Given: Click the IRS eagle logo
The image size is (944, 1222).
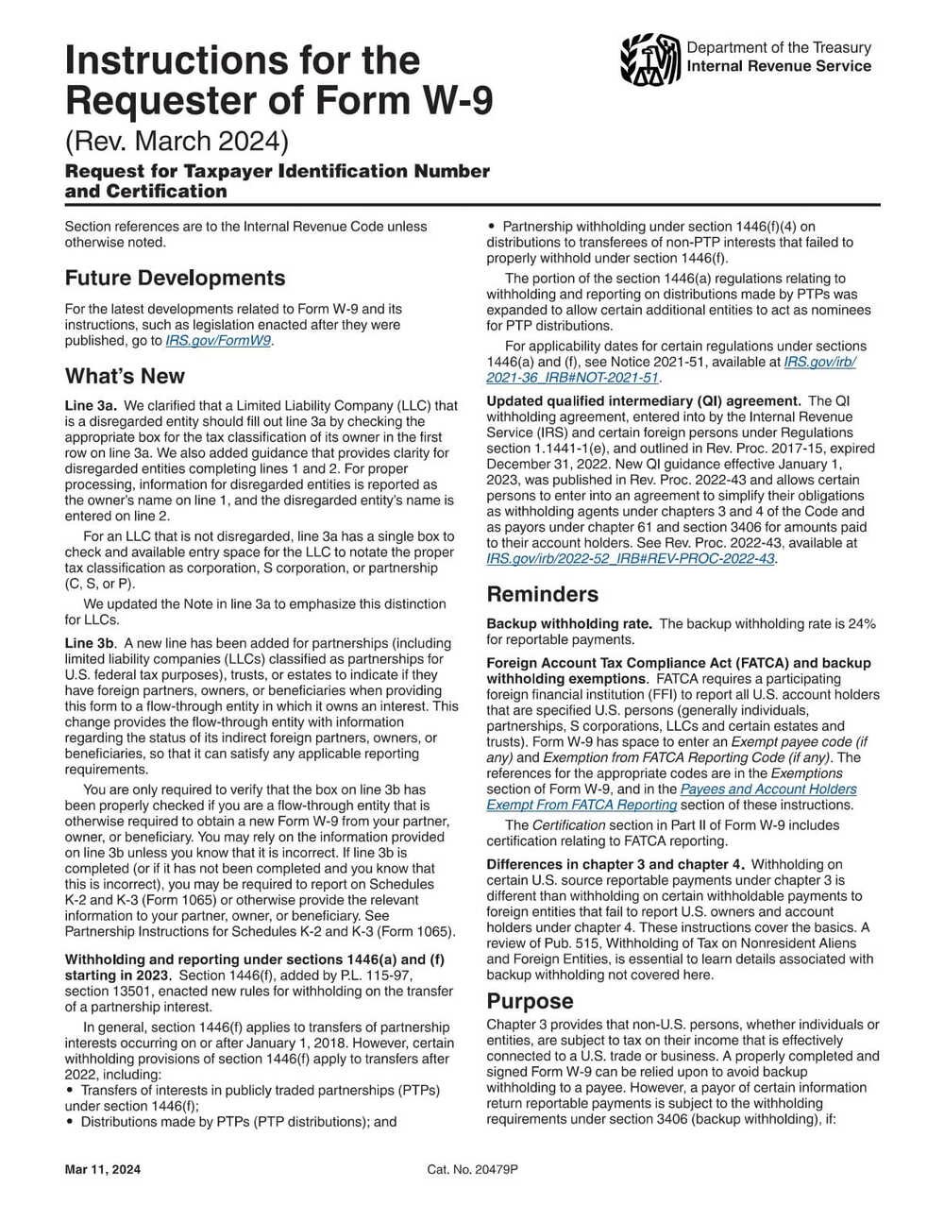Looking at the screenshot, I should click(x=650, y=59).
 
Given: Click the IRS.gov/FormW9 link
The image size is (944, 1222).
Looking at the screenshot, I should click(x=219, y=341).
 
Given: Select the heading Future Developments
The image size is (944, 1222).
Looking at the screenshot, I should click(x=175, y=279).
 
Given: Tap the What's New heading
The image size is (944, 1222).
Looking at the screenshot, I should click(x=125, y=377).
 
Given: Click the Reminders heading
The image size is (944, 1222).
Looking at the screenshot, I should click(x=542, y=594).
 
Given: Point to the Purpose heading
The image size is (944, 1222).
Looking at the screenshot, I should click(x=530, y=1001).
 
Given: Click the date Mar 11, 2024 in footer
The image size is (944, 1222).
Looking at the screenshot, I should click(x=103, y=1170).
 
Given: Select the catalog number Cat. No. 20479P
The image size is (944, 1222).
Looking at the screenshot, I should click(x=472, y=1170).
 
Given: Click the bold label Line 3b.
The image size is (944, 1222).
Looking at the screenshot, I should click(x=90, y=643).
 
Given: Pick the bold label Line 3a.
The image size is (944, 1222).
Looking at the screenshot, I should click(x=90, y=405).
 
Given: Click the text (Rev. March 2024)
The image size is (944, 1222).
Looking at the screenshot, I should click(x=176, y=141).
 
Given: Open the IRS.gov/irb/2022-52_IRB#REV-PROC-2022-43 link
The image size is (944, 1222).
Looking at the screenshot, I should click(x=630, y=559).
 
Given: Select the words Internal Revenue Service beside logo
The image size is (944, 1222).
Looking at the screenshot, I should click(x=779, y=66).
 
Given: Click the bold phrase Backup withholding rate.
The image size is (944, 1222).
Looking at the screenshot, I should click(x=568, y=624).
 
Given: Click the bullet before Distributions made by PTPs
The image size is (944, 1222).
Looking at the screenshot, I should click(x=70, y=1122).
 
